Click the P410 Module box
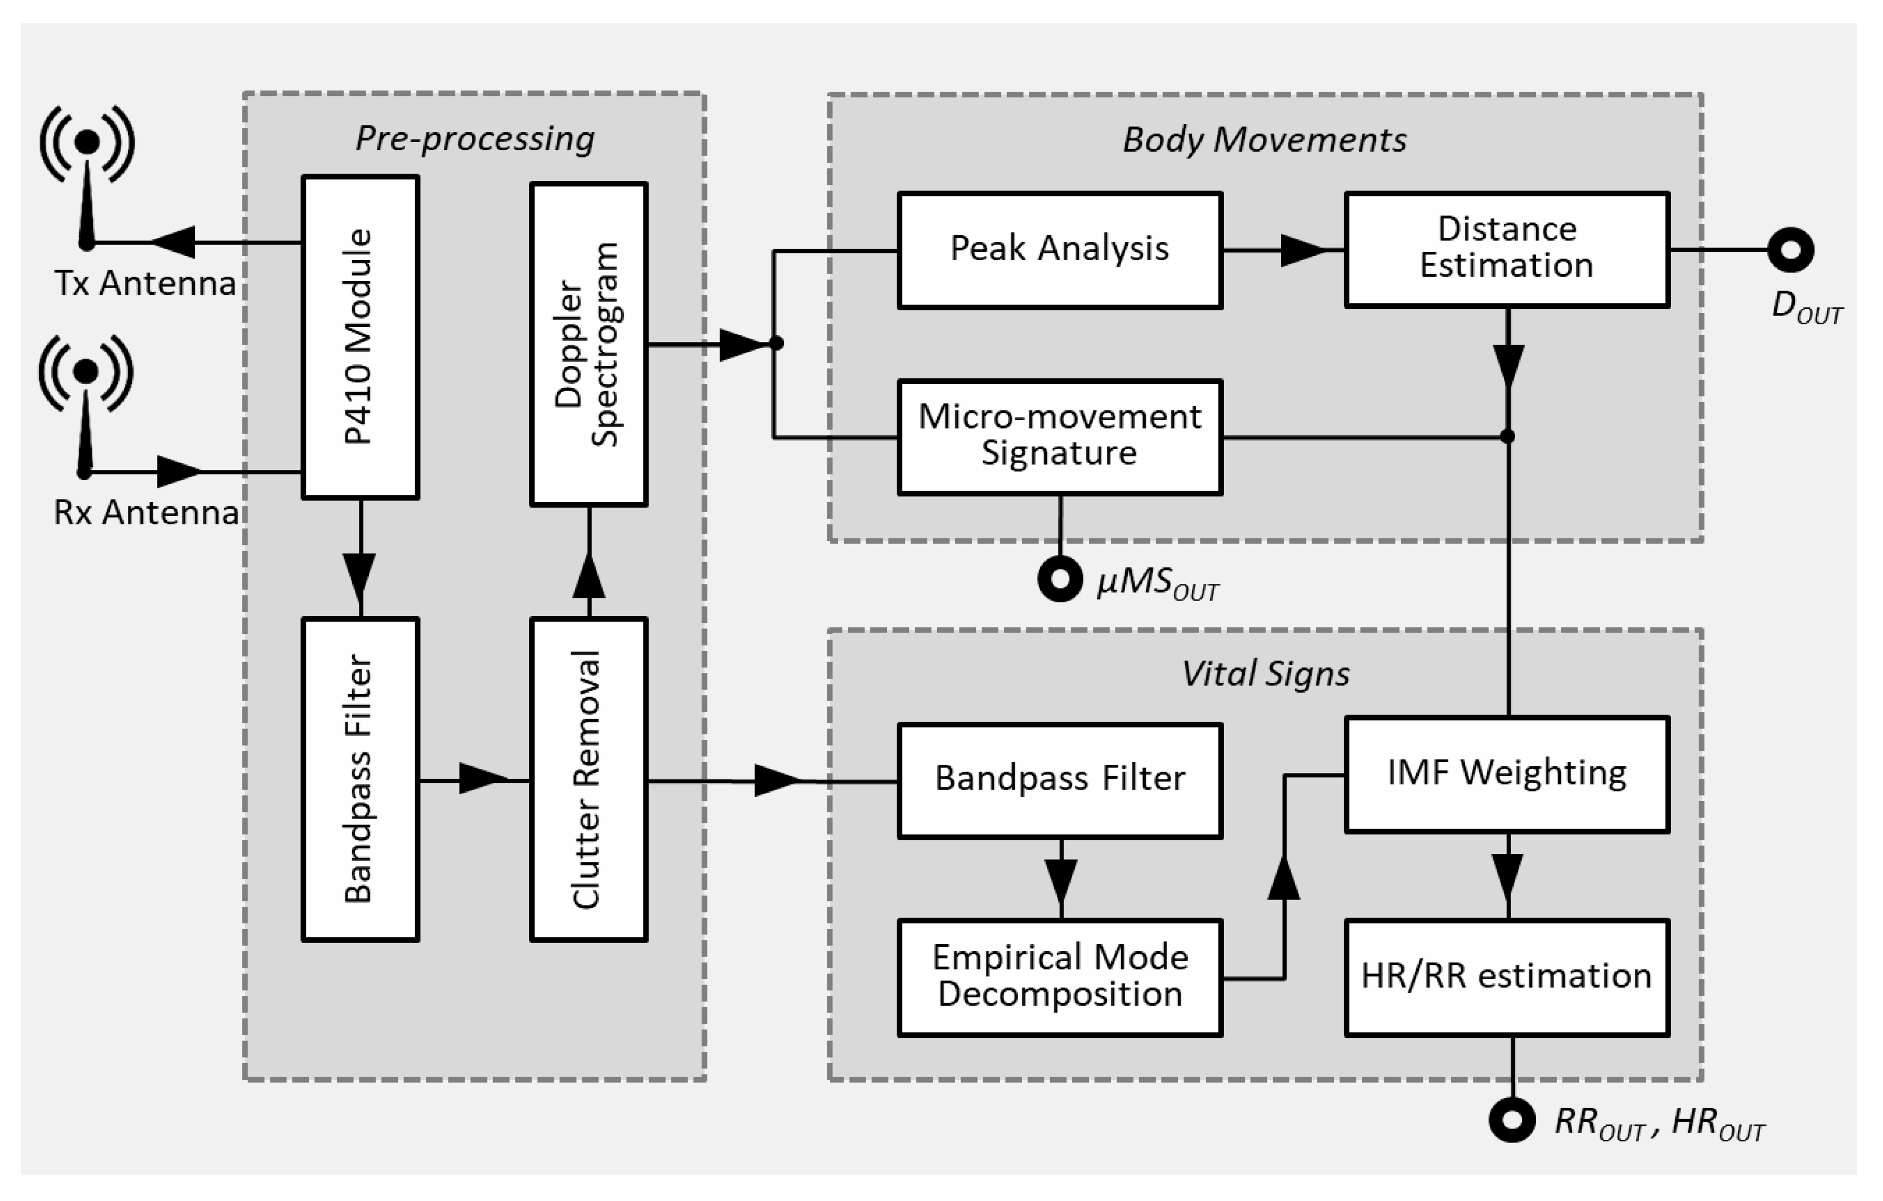(x=361, y=337)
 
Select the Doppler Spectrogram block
(x=589, y=344)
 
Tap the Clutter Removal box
(x=589, y=780)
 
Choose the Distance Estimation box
(x=1507, y=249)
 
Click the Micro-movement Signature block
(x=1059, y=437)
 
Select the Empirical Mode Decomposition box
(x=1059, y=977)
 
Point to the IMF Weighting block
(x=1507, y=774)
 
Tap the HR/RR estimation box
(x=1507, y=977)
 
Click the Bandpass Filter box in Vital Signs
(x=1059, y=780)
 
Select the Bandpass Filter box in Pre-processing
(x=361, y=780)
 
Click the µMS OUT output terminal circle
(x=1060, y=579)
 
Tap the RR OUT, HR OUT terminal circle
(x=1512, y=1120)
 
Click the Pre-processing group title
(x=475, y=138)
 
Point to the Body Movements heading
(x=1264, y=140)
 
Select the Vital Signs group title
(x=1265, y=673)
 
